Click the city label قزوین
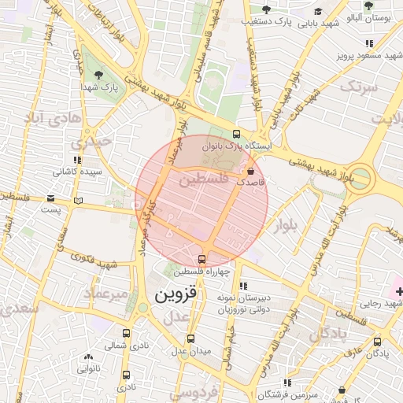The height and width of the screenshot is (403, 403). [178, 296]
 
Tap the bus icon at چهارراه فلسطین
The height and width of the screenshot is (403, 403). [201, 259]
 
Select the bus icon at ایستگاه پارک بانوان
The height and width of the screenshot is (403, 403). [237, 134]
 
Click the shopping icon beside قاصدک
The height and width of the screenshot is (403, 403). [251, 170]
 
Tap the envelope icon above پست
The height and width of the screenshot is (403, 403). [52, 198]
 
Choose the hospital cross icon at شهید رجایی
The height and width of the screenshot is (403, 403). [399, 292]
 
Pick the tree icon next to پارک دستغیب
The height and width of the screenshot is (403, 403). [266, 9]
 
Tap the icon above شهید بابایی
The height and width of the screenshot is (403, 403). [318, 11]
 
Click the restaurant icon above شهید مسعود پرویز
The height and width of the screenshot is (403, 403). [368, 43]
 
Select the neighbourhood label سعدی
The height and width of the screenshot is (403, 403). [17, 309]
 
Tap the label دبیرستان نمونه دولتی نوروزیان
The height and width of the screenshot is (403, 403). [256, 305]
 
